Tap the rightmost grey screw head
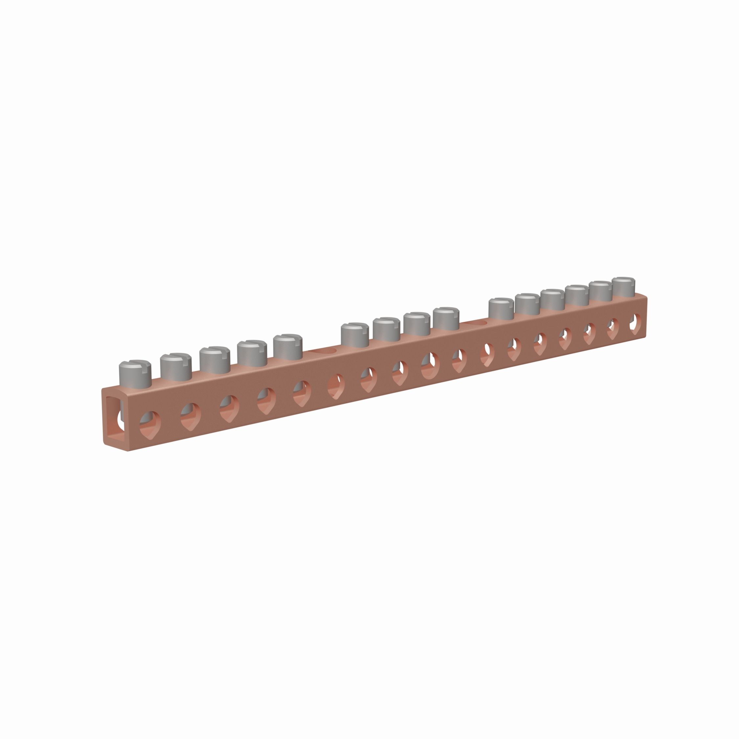tap(623, 287)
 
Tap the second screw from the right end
tap(600, 291)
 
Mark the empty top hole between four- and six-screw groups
tap(474, 324)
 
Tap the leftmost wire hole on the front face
tap(150, 425)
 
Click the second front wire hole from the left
tap(190, 416)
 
